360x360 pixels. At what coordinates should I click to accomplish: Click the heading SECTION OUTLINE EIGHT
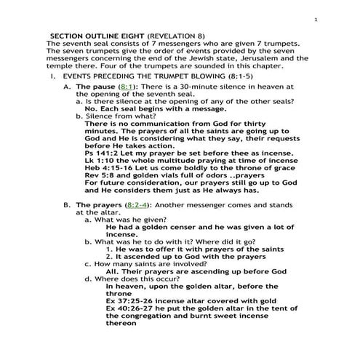click(97, 35)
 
